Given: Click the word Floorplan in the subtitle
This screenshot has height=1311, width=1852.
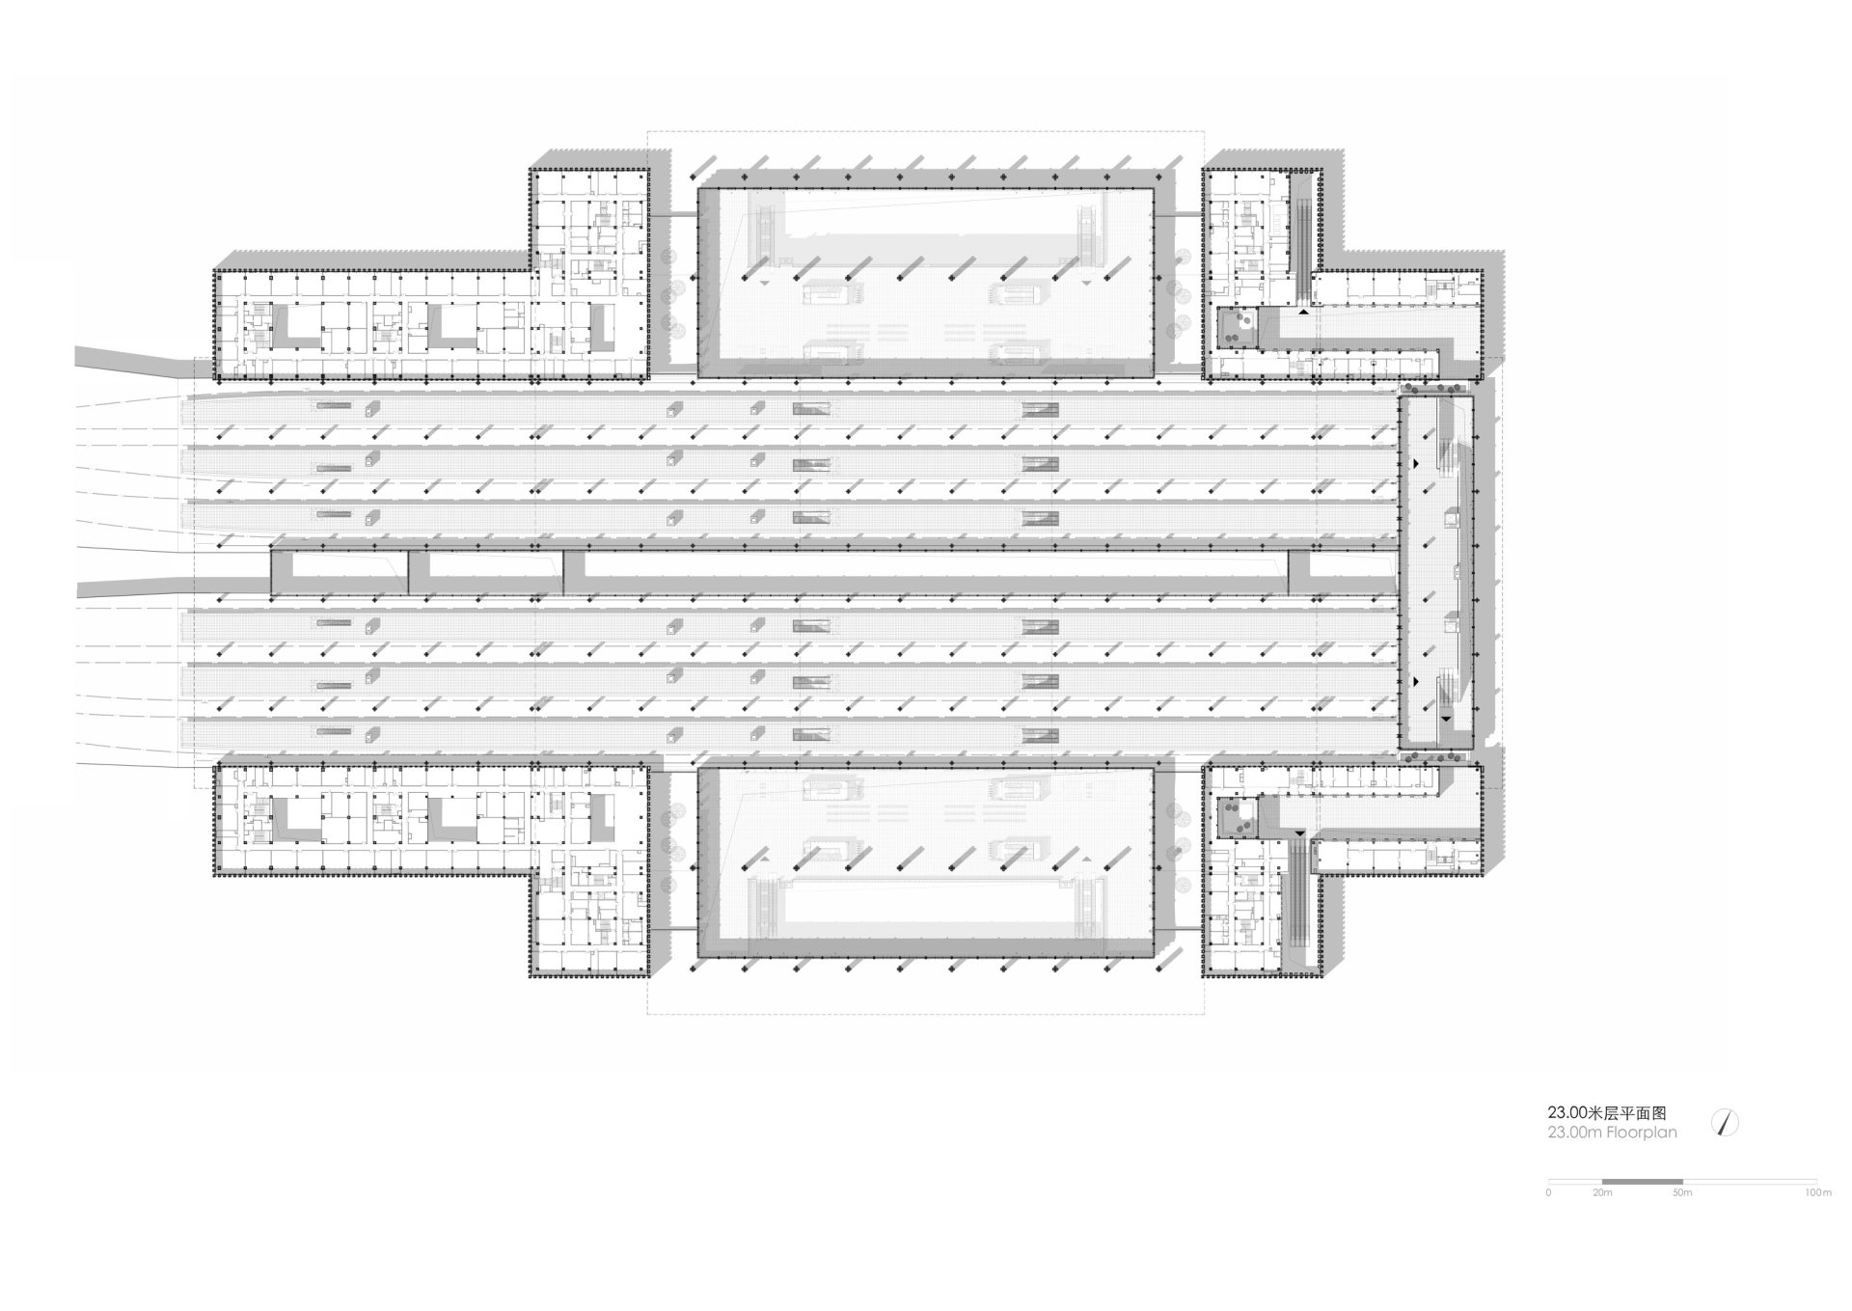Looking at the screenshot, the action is coord(1642,1133).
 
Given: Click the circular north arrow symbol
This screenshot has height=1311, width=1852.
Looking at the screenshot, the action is coord(1725,1123).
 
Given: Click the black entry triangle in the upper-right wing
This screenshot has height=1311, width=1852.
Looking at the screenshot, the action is coord(1304,312).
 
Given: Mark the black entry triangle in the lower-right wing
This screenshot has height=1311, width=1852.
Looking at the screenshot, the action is coord(1299,832).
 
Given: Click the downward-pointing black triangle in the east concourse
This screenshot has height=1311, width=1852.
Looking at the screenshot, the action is coord(1446,720).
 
